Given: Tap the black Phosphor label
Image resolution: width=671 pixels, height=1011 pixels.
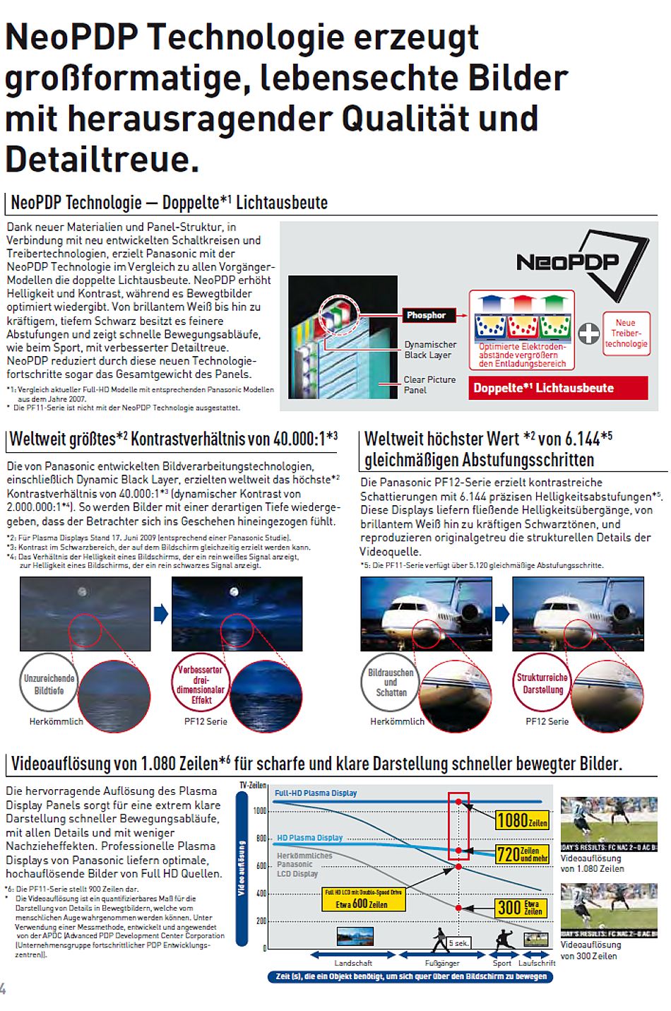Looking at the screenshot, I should click(x=426, y=315).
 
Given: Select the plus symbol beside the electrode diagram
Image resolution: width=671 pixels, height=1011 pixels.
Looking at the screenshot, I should click(x=588, y=333).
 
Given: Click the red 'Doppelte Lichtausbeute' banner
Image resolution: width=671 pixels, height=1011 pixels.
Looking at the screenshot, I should click(x=558, y=388).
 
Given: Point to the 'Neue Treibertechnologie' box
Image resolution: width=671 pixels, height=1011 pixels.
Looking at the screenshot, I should click(x=625, y=333).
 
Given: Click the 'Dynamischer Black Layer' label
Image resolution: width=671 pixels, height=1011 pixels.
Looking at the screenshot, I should click(x=430, y=350).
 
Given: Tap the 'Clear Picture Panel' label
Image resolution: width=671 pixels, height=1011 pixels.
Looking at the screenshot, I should click(x=429, y=384).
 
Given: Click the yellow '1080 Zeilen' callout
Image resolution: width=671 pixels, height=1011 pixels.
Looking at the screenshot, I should click(x=522, y=820).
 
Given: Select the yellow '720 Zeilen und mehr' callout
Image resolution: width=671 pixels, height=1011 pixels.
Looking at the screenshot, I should click(x=522, y=854).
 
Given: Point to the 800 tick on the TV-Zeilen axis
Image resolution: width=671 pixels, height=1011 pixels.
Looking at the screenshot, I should click(x=261, y=839).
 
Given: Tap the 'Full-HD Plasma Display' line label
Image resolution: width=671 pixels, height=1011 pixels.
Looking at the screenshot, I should click(x=316, y=793).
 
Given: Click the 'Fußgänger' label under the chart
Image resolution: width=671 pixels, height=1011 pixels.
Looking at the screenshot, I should click(x=442, y=963).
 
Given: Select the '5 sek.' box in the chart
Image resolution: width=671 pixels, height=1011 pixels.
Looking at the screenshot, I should click(x=458, y=943).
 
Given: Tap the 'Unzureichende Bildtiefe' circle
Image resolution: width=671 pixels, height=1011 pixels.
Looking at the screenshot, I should click(x=49, y=685).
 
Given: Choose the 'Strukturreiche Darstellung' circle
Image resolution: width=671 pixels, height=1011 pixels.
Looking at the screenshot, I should click(x=542, y=683).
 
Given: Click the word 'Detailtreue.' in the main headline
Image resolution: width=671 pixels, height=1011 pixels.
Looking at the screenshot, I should click(x=102, y=158).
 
